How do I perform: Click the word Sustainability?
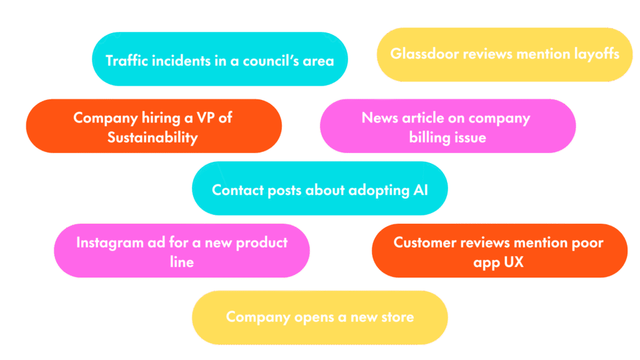click(x=152, y=137)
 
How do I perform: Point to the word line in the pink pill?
click(x=182, y=262)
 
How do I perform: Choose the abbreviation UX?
click(x=512, y=262)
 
